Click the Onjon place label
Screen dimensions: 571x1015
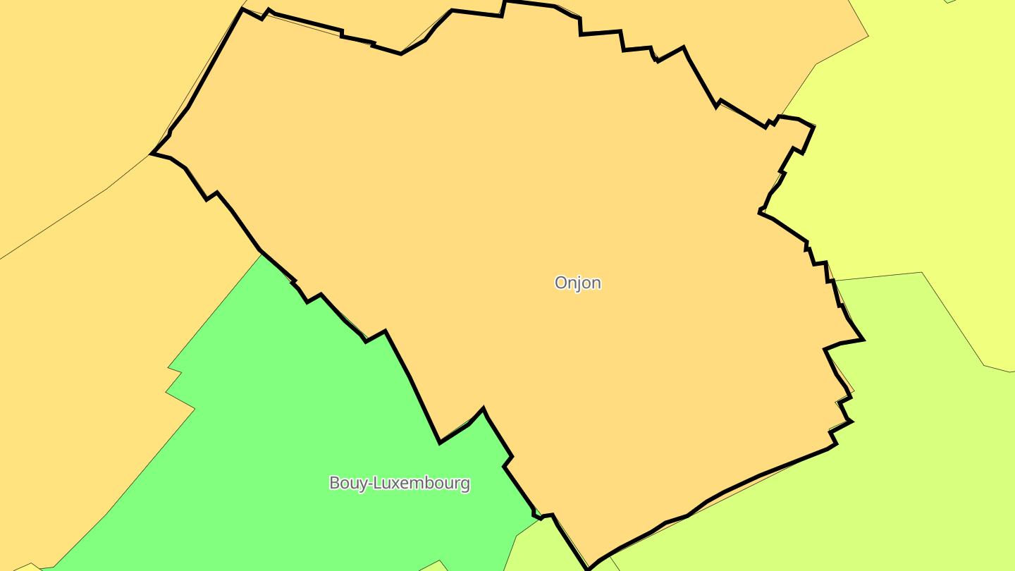coord(577,283)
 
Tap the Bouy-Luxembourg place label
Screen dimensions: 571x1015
coord(399,483)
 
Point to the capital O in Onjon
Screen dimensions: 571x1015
coord(561,283)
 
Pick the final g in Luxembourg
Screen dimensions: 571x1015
coord(465,485)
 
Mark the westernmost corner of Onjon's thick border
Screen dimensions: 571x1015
coord(152,153)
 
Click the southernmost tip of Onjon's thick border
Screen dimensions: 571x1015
coord(588,568)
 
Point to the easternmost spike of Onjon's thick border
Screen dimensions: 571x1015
coord(863,339)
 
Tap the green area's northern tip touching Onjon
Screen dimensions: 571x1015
coord(263,254)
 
